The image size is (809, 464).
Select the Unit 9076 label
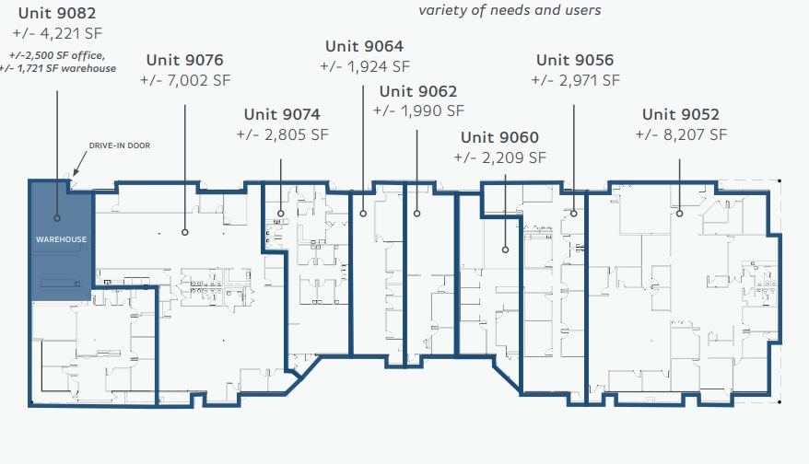click(x=184, y=61)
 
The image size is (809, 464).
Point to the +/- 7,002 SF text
click(x=185, y=81)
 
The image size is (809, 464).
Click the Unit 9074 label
click(x=281, y=115)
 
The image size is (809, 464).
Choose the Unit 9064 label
click(x=364, y=46)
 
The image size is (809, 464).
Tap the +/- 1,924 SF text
click(x=364, y=66)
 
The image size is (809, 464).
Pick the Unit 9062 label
click(x=417, y=91)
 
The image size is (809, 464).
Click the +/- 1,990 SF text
click(x=418, y=110)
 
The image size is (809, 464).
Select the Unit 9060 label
click(x=499, y=138)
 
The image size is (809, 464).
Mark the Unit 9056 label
click(x=574, y=61)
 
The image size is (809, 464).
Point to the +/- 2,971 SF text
click(x=575, y=81)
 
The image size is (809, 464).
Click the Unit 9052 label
click(x=680, y=115)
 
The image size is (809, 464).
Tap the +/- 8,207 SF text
click(x=681, y=134)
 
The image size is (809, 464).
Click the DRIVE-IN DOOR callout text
click(x=119, y=145)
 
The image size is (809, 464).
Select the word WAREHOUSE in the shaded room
click(x=61, y=239)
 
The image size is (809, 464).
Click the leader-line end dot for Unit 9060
click(x=505, y=249)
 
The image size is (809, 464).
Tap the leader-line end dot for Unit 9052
click(x=679, y=214)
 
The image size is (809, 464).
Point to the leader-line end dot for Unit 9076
click(x=185, y=232)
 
